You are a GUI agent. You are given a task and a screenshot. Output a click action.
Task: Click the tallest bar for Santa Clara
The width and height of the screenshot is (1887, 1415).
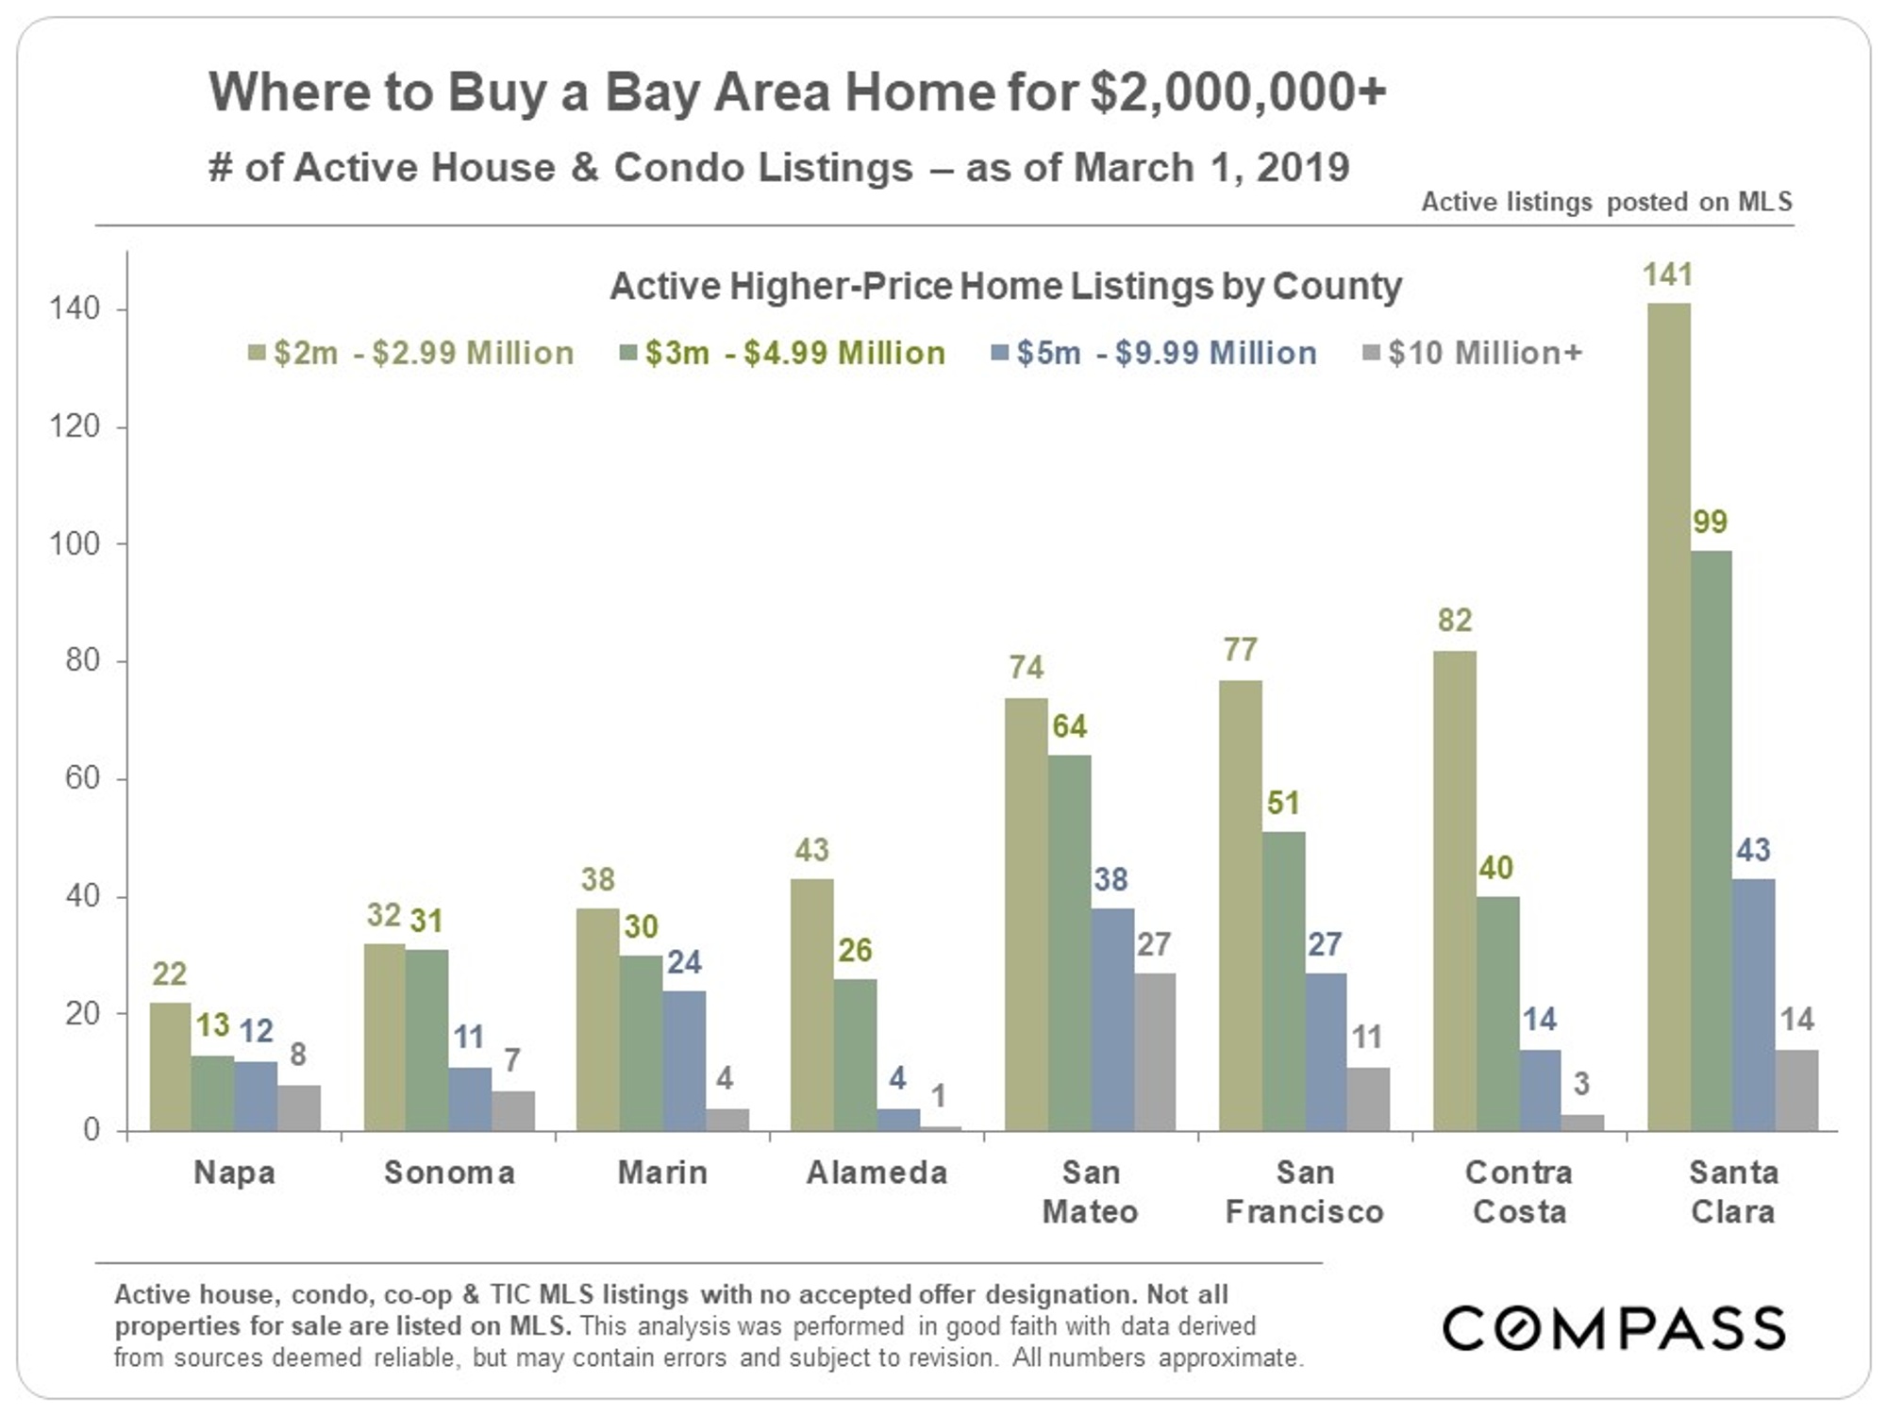pyautogui.click(x=1668, y=717)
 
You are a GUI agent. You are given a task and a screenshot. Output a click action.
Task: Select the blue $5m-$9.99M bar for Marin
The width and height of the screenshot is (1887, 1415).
pyautogui.click(x=684, y=1060)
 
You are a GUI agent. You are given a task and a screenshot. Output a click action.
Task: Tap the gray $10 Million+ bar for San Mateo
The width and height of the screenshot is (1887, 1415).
pyautogui.click(x=1154, y=1051)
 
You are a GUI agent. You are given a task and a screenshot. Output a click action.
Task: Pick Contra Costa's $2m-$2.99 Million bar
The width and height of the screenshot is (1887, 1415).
pyautogui.click(x=1454, y=891)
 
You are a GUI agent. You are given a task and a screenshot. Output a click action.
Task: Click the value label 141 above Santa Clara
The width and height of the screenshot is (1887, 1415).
pyautogui.click(x=1668, y=275)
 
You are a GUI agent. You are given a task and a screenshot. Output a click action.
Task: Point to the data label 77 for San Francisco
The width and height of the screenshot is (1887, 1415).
pyautogui.click(x=1240, y=650)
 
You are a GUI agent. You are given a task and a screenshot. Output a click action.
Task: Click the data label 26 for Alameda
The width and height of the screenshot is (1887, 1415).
pyautogui.click(x=855, y=950)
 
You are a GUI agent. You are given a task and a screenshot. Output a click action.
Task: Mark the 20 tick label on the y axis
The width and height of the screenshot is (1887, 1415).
pyautogui.click(x=82, y=1014)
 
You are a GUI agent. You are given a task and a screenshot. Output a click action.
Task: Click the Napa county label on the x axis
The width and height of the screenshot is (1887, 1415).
pyautogui.click(x=235, y=1173)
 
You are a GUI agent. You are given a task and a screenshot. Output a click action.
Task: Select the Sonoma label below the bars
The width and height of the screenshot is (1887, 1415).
pyautogui.click(x=449, y=1173)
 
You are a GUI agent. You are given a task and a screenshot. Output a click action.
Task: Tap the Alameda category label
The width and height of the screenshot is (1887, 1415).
pyautogui.click(x=877, y=1173)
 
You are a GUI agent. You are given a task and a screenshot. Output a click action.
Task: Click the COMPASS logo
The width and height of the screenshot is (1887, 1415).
pyautogui.click(x=1613, y=1328)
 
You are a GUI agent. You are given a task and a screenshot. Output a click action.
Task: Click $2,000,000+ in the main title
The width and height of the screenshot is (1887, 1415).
pyautogui.click(x=1238, y=92)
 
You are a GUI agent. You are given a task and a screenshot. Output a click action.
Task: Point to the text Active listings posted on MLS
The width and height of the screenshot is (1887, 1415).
pyautogui.click(x=1606, y=202)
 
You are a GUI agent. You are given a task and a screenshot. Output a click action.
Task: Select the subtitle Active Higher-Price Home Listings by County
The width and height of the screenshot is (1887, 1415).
pyautogui.click(x=1006, y=286)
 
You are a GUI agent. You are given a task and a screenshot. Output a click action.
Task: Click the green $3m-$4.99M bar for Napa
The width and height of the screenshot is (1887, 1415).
pyautogui.click(x=213, y=1092)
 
